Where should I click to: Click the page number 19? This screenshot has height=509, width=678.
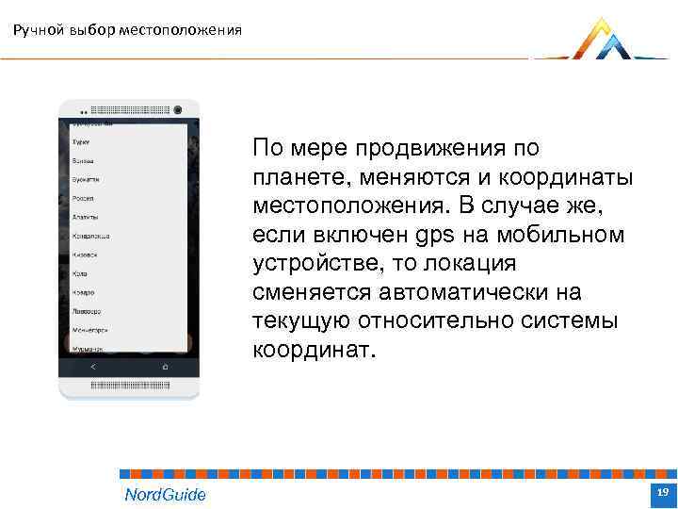(662, 493)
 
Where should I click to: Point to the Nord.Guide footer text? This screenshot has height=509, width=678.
(165, 494)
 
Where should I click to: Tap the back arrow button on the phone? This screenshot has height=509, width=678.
(92, 366)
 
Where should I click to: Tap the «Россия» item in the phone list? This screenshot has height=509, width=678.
(83, 198)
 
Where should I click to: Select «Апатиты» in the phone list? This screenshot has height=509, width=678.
(86, 217)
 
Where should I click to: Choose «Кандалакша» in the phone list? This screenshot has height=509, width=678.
(91, 236)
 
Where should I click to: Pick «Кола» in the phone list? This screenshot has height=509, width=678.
(80, 273)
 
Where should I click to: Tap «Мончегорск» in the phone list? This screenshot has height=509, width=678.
(90, 330)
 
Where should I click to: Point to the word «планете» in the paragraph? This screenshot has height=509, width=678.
(292, 179)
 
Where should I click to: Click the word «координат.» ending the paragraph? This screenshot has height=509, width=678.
(313, 352)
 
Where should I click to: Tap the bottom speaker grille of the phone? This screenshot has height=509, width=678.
(129, 386)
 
